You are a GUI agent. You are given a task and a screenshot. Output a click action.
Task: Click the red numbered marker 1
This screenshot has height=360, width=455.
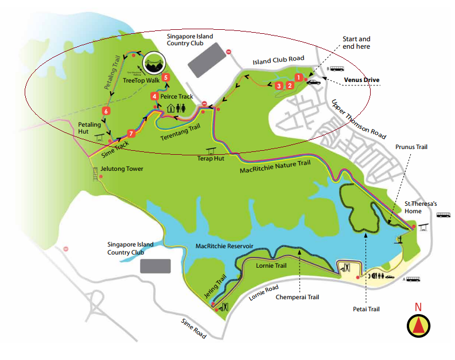point(298,77)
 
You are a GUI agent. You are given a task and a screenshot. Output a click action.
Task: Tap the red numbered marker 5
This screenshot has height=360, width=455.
point(166,77)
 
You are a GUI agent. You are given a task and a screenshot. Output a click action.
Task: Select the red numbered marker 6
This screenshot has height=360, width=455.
point(106,111)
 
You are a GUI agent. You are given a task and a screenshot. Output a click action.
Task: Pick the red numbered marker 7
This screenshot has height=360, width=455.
point(131,134)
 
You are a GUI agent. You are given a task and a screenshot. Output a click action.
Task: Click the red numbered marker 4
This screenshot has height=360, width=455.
point(154,96)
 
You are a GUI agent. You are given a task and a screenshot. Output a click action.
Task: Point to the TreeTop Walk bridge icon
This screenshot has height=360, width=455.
point(154,64)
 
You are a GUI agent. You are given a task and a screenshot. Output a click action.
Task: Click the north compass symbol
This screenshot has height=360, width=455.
point(418,325)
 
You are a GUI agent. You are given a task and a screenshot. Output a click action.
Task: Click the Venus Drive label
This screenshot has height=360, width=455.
point(361,80)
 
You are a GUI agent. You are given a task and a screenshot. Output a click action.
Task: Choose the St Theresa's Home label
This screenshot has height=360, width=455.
point(421,207)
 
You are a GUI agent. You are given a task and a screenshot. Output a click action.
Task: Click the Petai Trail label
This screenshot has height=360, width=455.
point(366,309)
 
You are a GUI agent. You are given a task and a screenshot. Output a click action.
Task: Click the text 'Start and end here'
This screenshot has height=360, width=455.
point(356,42)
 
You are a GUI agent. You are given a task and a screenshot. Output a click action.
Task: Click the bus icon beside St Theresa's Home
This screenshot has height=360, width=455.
point(444,216)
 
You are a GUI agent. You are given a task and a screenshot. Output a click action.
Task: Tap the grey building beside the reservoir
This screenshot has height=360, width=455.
point(155,266)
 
